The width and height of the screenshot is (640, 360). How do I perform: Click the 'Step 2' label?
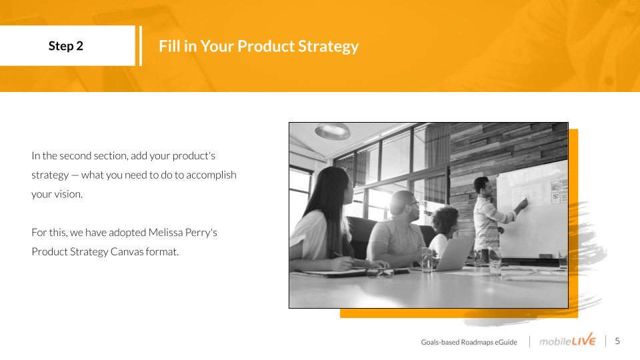(x=66, y=46)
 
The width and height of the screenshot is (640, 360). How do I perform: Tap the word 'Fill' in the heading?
(x=169, y=46)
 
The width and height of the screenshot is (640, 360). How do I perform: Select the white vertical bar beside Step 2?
(x=141, y=46)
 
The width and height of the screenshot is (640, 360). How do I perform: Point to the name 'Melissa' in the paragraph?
(x=165, y=232)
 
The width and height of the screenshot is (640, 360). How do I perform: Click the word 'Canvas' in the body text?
(x=127, y=251)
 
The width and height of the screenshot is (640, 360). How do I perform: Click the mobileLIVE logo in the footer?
(x=567, y=340)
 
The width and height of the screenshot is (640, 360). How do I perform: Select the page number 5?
(x=617, y=341)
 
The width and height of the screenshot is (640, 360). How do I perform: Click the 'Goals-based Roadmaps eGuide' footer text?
(x=469, y=342)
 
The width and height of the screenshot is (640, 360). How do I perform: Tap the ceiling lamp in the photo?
(x=333, y=131)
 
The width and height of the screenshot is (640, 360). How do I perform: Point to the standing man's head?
(x=482, y=186)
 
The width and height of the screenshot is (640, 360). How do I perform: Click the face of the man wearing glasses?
(x=411, y=207)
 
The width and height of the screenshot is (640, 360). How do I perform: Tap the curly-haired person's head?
(x=446, y=221)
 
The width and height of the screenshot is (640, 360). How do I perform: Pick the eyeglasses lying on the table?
(x=379, y=273)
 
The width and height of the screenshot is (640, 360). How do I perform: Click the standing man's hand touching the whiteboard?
(x=524, y=203)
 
